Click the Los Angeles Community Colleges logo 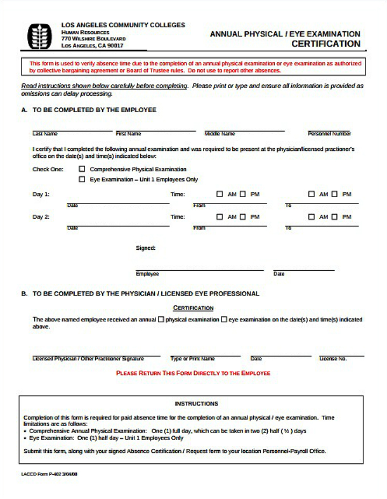pos(39,37)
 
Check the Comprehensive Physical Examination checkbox pos(82,169)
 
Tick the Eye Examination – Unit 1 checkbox pos(82,179)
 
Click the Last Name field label pos(45,134)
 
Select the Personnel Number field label pos(329,134)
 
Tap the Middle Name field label pos(219,134)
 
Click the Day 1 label pos(41,194)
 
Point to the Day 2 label pos(41,217)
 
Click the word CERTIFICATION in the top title pos(326,44)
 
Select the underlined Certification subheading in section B pos(193,308)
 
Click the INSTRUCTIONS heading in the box pos(196,403)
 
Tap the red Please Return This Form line pos(193,373)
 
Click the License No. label pos(333,358)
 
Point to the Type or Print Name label pos(192,358)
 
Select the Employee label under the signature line pos(147,274)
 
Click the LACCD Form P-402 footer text pos(49,474)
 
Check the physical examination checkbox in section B pos(161,320)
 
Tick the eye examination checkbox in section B pos(224,320)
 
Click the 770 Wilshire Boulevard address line pos(93,39)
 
